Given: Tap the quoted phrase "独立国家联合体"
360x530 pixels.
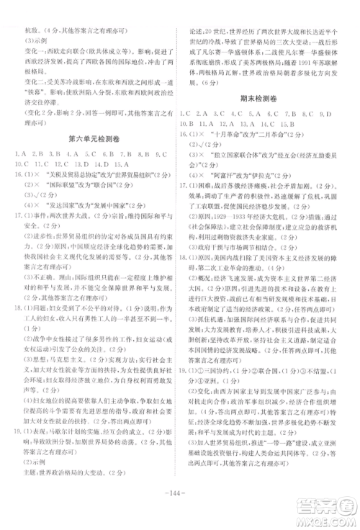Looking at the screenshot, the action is click(228, 154).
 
